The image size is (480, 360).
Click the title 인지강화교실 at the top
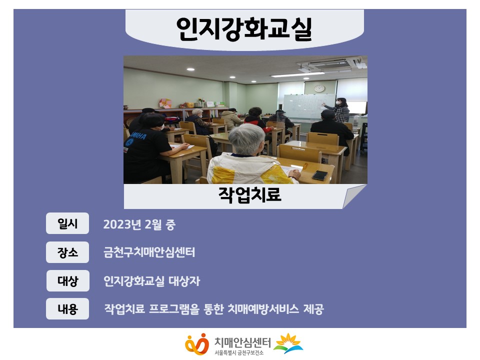pos(244,29)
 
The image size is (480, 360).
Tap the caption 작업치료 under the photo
pos(249,194)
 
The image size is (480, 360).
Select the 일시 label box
pos(67,223)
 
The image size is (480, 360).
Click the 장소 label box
pos(67,252)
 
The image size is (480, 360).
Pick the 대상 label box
pos(67,280)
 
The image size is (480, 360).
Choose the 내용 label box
pos(67,309)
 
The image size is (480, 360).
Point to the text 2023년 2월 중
pos(139,224)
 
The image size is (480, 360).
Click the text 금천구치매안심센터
pos(149,252)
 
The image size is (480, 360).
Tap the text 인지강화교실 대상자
pos(151,281)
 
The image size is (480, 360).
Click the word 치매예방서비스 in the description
pos(263,309)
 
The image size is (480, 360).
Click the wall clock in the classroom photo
pos(319,88)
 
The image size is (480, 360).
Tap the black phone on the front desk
pos(319,175)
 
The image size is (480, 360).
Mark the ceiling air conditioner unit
pos(329,64)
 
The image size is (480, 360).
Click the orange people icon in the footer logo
pos(197,344)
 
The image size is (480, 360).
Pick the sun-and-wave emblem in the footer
pos(288,343)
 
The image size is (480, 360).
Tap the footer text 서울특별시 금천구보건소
pos(239,353)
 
